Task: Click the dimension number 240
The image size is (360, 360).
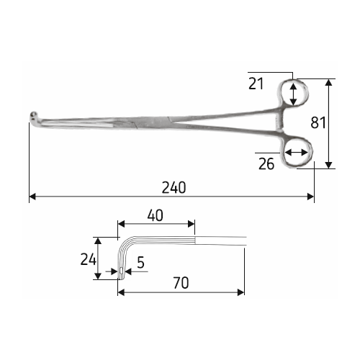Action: coord(174,187)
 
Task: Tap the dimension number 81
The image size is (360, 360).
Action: coord(318,122)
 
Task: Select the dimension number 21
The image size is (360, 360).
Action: coord(256,84)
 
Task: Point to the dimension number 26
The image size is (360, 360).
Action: coord(266,164)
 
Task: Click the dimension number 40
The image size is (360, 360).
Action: coord(156,215)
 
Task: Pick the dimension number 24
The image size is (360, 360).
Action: coord(89,259)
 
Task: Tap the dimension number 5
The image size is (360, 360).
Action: coord(140,262)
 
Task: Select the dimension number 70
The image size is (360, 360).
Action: coord(181,283)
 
